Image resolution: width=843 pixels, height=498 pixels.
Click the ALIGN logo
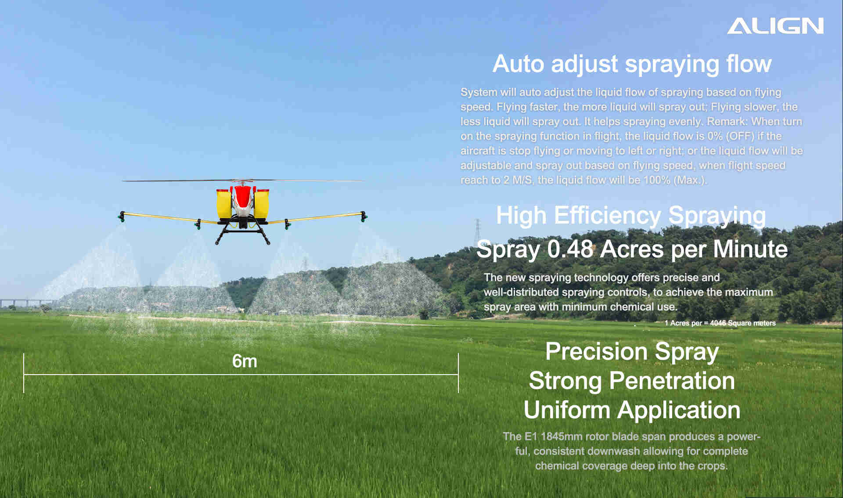coord(775,26)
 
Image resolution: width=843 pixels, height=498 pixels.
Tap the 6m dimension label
coord(245,361)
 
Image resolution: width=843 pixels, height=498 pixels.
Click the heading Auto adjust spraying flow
coord(632,64)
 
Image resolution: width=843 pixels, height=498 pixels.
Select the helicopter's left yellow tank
coord(223,203)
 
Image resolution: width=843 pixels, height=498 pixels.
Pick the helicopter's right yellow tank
coord(262,203)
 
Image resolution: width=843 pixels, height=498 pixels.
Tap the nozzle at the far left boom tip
coord(122,217)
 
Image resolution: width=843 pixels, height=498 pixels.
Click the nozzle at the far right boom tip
coord(364,217)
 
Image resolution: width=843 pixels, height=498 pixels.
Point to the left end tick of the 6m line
coord(24,373)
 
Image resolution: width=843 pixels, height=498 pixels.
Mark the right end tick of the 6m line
coord(458,373)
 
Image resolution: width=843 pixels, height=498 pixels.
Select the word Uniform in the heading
coord(567,410)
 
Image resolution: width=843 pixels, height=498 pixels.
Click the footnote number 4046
coord(718,323)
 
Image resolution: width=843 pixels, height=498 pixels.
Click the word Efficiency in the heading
coord(607,216)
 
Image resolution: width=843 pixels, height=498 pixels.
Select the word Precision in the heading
coord(596,351)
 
